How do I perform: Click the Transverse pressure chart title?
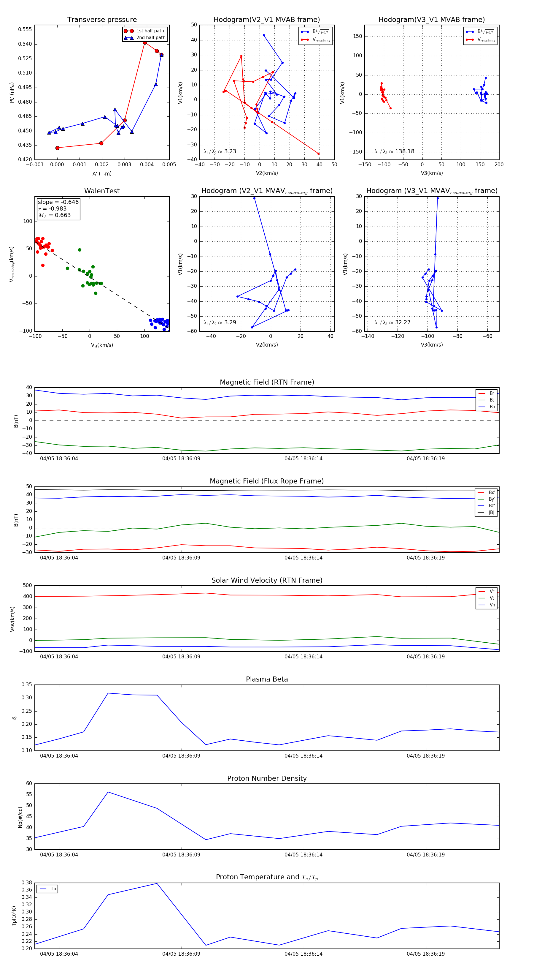click(102, 20)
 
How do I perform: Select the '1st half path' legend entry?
click(150, 31)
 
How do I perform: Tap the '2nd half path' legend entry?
click(150, 38)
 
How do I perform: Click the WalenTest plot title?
click(102, 191)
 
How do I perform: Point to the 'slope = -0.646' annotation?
click(58, 202)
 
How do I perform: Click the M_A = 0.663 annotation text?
click(54, 215)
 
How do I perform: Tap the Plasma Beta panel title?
click(267, 679)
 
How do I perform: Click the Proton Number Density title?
click(267, 778)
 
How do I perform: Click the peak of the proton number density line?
click(108, 792)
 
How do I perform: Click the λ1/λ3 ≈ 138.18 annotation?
click(394, 151)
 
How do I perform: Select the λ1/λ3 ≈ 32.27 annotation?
click(392, 323)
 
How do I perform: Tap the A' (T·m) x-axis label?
click(102, 173)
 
